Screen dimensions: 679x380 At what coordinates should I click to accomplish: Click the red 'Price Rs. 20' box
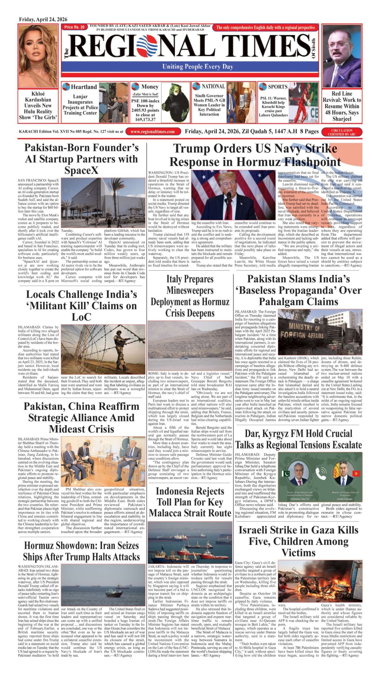[x=74, y=27]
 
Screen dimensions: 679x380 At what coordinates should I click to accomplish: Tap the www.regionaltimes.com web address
[x=152, y=131]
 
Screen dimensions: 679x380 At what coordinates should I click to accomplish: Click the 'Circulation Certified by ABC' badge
[x=342, y=132]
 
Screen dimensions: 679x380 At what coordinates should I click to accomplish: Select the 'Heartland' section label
[x=83, y=87]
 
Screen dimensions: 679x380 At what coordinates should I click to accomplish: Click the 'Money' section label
[x=150, y=86]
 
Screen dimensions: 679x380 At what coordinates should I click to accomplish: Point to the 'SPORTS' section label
[x=277, y=86]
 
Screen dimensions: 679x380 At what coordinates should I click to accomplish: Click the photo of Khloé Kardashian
[x=38, y=56]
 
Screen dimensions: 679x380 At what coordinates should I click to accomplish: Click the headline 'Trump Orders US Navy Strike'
[x=255, y=149]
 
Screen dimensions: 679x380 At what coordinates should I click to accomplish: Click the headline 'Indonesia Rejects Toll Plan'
[x=190, y=502]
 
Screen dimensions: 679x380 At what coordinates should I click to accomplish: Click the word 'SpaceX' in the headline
[x=81, y=170]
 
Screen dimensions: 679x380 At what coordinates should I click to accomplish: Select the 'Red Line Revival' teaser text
[x=342, y=106]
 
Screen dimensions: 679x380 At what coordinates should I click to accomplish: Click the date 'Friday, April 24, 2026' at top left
[x=43, y=19]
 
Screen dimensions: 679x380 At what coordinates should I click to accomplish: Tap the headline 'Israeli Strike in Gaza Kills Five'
[x=298, y=541]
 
